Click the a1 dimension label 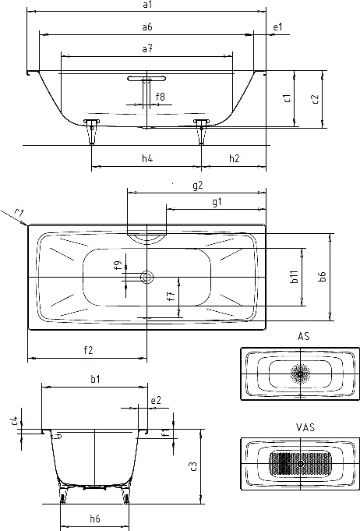pos(147,5)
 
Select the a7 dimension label pos(147,49)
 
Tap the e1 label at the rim pos(277,27)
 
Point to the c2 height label pos(315,99)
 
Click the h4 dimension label pos(147,158)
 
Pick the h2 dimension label pos(234,158)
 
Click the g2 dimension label pos(198,186)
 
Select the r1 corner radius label pos(19,213)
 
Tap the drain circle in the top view pos(146,277)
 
